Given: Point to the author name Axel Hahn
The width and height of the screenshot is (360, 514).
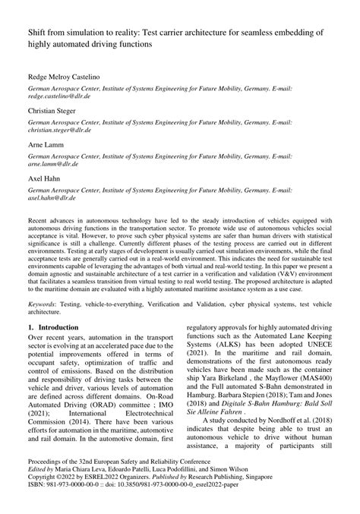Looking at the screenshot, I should point(43,176).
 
